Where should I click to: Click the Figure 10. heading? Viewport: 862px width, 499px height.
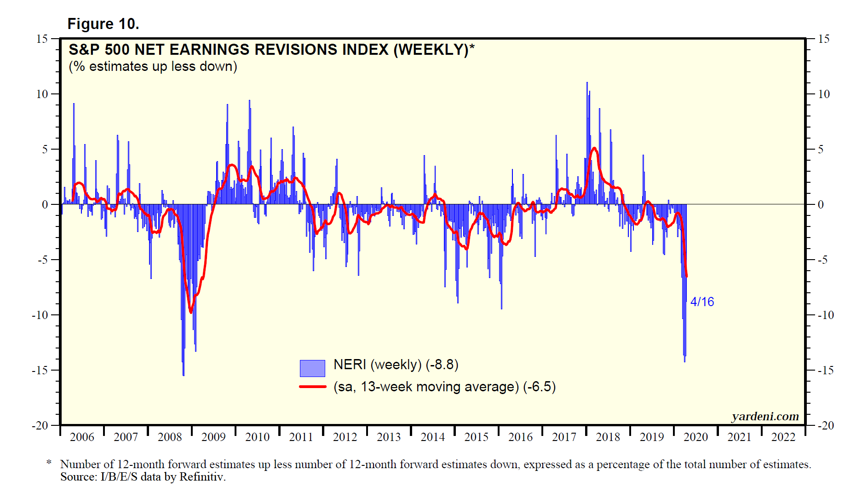pos(103,24)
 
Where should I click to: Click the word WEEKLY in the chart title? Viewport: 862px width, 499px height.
pos(432,50)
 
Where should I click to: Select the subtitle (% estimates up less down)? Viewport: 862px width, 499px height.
pos(153,67)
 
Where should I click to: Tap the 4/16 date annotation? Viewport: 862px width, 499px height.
pos(702,302)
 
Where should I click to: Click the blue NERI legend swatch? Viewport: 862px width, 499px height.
pos(312,368)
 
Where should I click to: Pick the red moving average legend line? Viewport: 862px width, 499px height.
pos(313,387)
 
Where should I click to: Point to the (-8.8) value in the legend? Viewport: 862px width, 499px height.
pos(442,365)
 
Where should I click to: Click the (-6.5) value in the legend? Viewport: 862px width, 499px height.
pos(540,387)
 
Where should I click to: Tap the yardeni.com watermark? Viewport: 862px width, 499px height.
pos(765,417)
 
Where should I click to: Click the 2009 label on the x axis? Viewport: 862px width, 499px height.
pos(213,437)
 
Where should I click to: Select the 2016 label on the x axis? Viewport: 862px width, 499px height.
pos(520,437)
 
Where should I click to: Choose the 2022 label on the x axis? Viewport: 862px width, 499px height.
pos(783,437)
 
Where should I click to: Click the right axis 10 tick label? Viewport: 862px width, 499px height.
pos(824,94)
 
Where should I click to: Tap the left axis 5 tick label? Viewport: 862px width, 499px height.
pos(45,150)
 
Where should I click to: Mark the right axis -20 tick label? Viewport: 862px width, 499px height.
pos(826,426)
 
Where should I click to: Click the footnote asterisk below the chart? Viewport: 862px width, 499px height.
pos(49,462)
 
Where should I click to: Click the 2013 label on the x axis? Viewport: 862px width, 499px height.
pos(389,437)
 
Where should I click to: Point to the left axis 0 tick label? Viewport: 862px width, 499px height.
pos(45,205)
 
